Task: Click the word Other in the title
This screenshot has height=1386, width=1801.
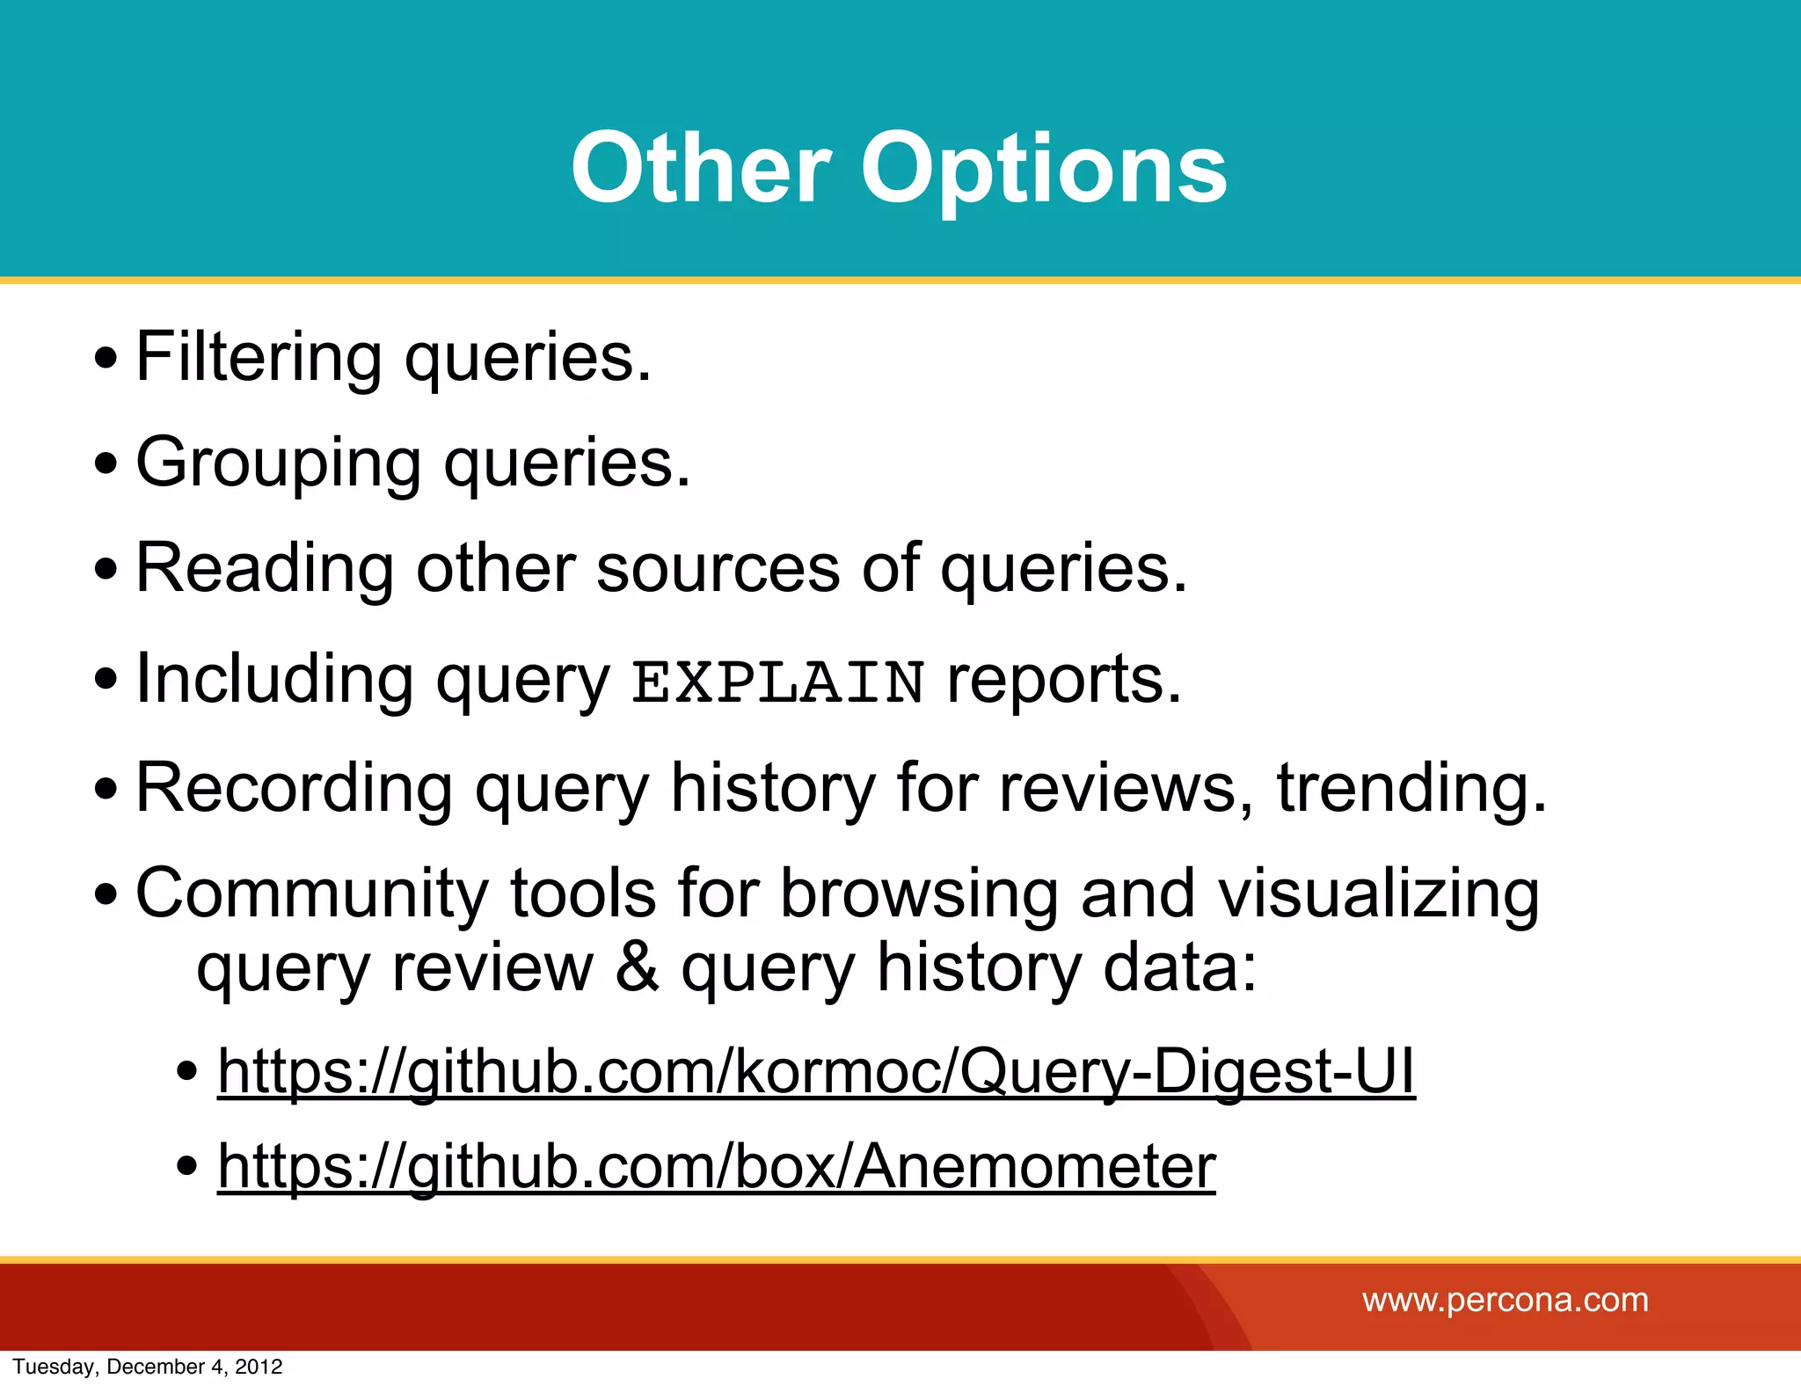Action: (700, 168)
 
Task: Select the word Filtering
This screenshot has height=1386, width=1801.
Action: (259, 357)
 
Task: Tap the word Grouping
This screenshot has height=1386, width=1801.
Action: (278, 463)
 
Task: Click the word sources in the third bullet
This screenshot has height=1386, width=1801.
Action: (718, 568)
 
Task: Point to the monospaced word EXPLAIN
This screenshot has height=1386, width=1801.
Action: (778, 682)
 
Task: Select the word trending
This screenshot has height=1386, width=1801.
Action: (1411, 787)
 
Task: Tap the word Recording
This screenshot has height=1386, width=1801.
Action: (294, 787)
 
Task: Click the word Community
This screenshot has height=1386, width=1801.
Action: (311, 894)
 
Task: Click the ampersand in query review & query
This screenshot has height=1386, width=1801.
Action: (637, 967)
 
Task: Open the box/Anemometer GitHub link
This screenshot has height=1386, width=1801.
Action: (717, 1167)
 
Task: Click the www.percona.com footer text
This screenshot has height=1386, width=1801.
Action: (1505, 1300)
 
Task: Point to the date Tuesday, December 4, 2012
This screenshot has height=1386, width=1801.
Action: (148, 1367)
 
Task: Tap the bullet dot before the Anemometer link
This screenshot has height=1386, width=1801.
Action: (186, 1167)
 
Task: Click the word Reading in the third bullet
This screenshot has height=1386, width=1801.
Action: (265, 568)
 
